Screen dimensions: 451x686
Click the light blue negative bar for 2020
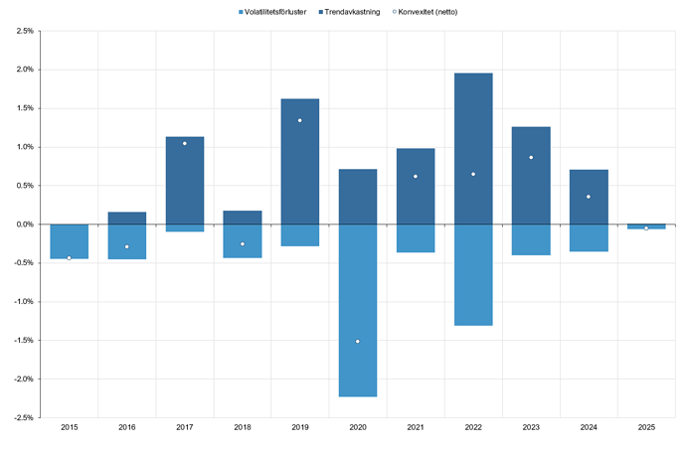pos(357,310)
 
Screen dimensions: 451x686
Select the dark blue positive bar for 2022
pos(473,149)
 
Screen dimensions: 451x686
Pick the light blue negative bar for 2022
pos(473,274)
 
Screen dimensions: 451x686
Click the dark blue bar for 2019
pos(299,161)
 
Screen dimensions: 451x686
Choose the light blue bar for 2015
pos(69,241)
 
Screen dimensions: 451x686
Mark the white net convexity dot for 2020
pos(357,341)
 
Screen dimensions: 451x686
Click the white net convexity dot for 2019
pos(299,120)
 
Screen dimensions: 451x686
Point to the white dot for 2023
pos(531,157)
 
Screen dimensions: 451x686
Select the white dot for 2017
pos(184,143)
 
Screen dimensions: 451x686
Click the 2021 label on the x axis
pos(416,426)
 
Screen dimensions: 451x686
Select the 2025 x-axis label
pos(646,426)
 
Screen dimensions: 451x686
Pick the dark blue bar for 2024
pos(589,197)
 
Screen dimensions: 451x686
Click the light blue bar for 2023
pos(531,239)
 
